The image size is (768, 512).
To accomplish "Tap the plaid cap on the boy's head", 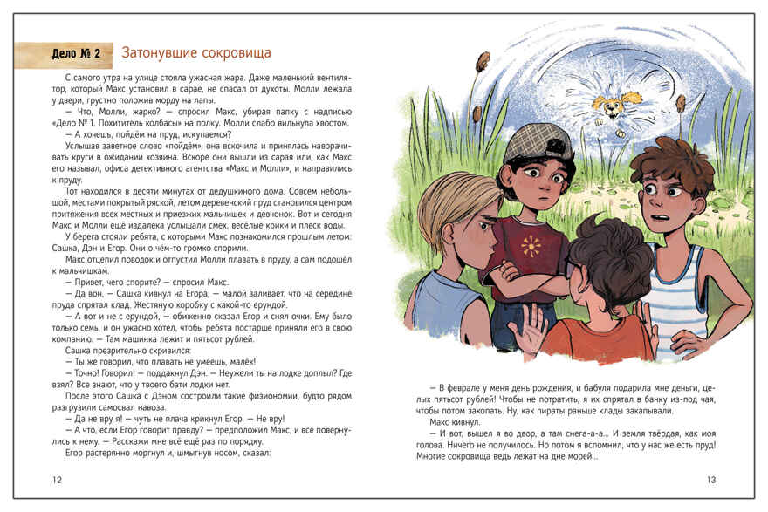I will [539, 143].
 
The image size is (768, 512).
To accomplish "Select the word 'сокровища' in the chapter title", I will [231, 52].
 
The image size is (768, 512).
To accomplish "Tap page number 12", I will [58, 480].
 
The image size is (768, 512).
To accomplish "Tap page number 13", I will [710, 480].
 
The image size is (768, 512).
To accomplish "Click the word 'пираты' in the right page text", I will [570, 410].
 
